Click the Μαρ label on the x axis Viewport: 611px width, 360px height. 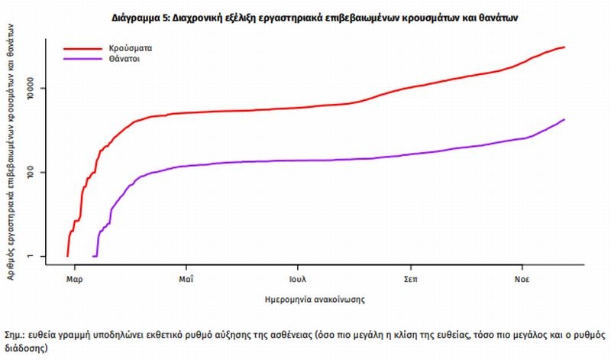(x=74, y=278)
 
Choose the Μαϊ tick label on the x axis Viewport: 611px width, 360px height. (x=186, y=278)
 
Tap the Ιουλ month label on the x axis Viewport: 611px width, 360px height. (x=298, y=278)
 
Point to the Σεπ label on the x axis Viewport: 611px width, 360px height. (x=411, y=278)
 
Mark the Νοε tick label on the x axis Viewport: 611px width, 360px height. (x=522, y=278)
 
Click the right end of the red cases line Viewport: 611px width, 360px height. (x=564, y=47)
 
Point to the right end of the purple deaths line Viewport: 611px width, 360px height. (x=564, y=119)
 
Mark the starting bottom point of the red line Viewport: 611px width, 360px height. (x=67, y=256)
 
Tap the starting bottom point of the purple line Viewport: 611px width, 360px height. (x=94, y=256)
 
